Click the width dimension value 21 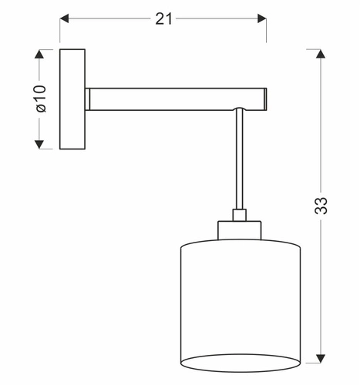click(x=163, y=18)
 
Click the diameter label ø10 click(x=41, y=99)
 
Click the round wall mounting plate click(x=73, y=99)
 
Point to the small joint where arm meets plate click(x=89, y=99)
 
